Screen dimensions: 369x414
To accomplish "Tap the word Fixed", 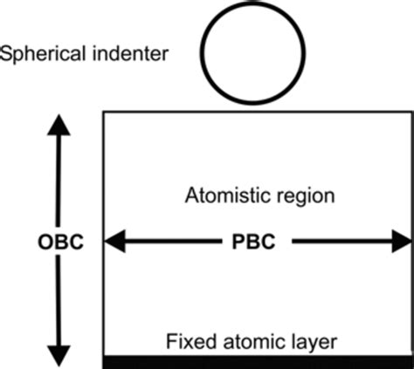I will (189, 338).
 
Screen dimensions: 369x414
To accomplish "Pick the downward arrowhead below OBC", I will (59, 355).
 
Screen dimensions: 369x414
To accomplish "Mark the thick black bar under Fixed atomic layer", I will (258, 361).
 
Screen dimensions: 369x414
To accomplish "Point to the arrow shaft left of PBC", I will (175, 242).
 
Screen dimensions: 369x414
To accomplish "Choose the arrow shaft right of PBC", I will (341, 242).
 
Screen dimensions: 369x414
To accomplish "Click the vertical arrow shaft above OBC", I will (59, 183).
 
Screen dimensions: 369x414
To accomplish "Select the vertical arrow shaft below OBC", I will (59, 301).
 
